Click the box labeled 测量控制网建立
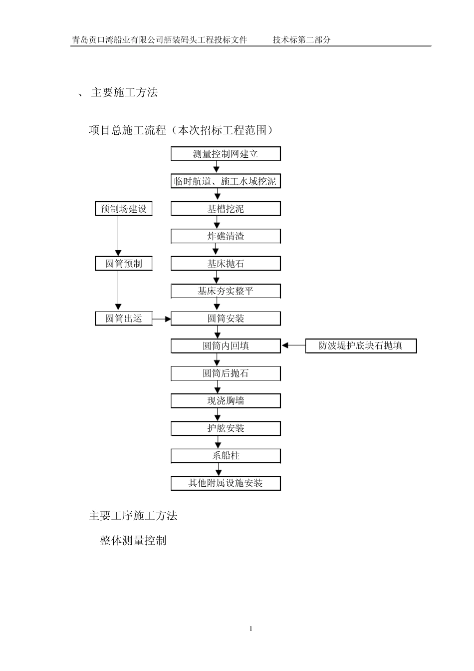[226, 154]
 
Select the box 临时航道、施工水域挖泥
[226, 181]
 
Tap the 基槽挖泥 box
[226, 209]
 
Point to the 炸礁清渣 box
[226, 236]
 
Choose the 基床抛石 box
[226, 264]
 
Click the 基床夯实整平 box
[226, 291]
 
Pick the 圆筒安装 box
[226, 319]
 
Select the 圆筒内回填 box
[226, 346]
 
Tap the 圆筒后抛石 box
[226, 373]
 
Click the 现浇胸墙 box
[226, 401]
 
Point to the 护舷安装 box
[226, 428]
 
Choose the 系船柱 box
[226, 456]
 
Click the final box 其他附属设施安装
[226, 483]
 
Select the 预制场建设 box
[124, 209]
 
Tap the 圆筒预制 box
[124, 264]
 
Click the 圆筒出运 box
[124, 319]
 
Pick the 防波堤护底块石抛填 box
[361, 346]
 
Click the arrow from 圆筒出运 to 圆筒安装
[162, 319]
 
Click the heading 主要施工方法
[124, 92]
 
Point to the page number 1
[251, 629]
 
